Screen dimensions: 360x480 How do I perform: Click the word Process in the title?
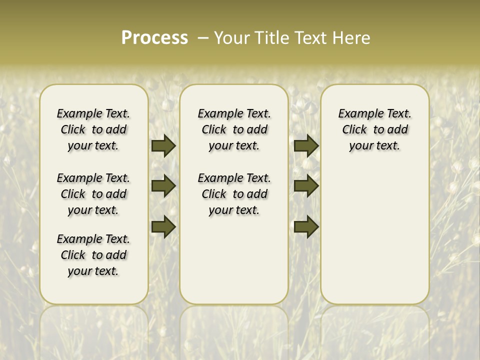pos(154,38)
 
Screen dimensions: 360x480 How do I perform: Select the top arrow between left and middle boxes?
pos(163,146)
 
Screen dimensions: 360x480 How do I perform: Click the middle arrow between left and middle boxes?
pos(163,186)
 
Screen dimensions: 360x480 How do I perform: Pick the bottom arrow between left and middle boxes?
pos(163,226)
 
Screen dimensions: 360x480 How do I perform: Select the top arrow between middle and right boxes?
pos(306,146)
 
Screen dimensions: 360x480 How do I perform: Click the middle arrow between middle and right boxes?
pos(306,186)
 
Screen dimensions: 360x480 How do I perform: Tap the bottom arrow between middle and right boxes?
pos(306,226)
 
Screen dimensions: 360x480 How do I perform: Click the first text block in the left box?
pos(93,129)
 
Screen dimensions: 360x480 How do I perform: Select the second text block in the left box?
pos(93,194)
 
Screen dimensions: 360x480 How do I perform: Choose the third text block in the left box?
pos(93,255)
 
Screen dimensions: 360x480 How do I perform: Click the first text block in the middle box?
pos(234,129)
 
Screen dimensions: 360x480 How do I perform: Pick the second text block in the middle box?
pos(234,194)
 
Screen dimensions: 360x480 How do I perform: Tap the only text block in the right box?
pos(375,129)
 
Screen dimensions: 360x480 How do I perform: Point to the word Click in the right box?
pos(354,130)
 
